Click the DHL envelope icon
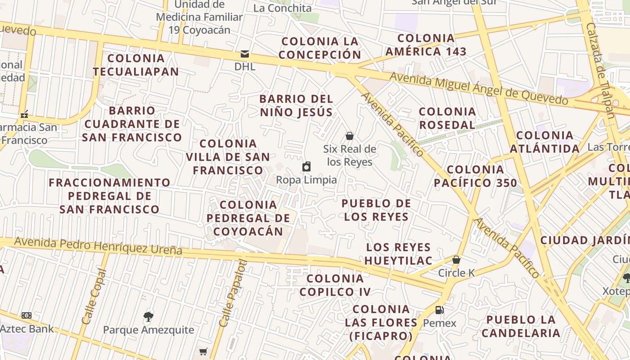(x=245, y=54)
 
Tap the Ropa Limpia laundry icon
(x=306, y=167)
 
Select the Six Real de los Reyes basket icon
(x=350, y=136)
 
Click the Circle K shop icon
(x=456, y=260)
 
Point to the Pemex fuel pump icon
(x=439, y=310)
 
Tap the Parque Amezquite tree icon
(x=148, y=317)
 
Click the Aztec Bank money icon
(x=27, y=315)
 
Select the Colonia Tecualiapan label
(x=136, y=65)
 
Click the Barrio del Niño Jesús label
(x=297, y=105)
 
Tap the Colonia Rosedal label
(x=447, y=118)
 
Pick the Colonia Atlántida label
(x=545, y=142)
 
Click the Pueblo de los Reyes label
(x=376, y=210)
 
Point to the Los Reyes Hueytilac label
(x=398, y=254)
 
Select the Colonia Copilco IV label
(x=335, y=285)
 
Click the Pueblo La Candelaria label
(x=521, y=326)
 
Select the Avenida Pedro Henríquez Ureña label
(x=98, y=246)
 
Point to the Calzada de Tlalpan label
(x=600, y=70)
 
